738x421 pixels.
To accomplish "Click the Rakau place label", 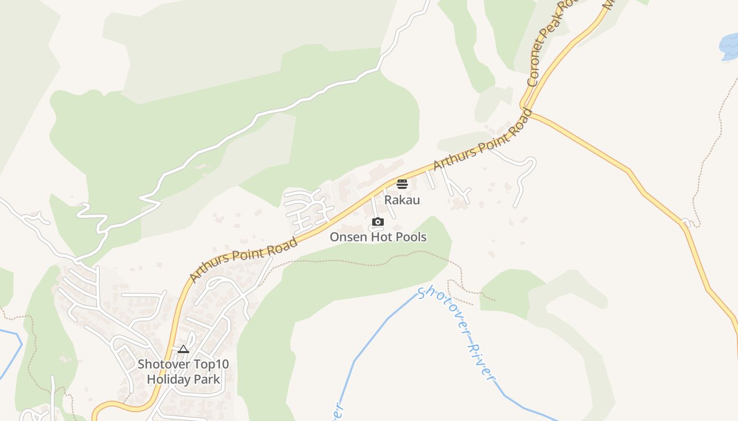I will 402,200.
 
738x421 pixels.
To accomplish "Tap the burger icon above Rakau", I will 402,184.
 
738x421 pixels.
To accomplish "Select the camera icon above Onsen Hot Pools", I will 378,222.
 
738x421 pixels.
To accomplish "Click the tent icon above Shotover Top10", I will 183,349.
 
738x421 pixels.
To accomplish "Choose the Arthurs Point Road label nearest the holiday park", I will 243,259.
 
